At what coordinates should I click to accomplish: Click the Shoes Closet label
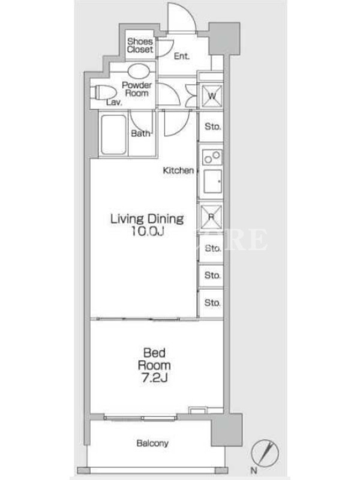tap(140, 46)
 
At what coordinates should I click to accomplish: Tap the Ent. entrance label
tap(182, 56)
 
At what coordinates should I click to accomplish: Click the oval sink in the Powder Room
tap(139, 71)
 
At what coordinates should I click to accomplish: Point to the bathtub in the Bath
tap(113, 134)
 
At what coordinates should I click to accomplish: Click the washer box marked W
tap(212, 96)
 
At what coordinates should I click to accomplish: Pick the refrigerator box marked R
tap(211, 217)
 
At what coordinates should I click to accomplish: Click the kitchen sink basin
tap(212, 182)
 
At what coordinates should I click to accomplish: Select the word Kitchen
tap(178, 170)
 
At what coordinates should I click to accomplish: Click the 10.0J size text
tap(148, 232)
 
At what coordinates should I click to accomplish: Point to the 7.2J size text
tap(155, 378)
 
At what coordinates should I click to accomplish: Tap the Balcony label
tap(152, 443)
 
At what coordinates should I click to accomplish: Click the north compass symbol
tap(265, 453)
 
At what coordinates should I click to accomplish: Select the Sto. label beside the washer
tap(212, 127)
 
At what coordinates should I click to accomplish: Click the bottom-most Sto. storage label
tap(212, 303)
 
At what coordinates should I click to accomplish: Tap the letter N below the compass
tap(254, 470)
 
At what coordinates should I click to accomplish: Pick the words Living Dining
tap(147, 219)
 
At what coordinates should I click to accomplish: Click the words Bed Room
tap(154, 359)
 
